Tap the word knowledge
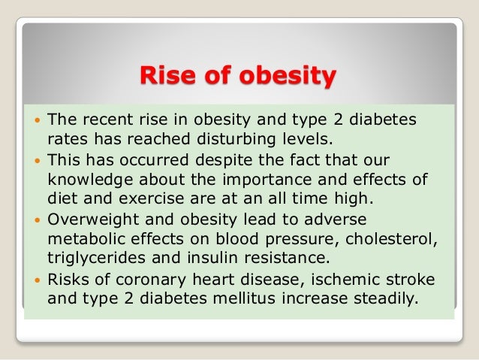[x=91, y=180]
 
